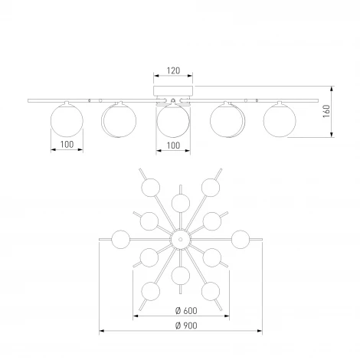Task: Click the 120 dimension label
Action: [x=173, y=70]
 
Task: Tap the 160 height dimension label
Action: [x=326, y=111]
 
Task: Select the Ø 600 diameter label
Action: [x=186, y=310]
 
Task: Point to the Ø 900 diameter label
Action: [x=186, y=326]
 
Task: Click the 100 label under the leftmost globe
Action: [x=67, y=145]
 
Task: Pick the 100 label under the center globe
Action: [x=173, y=146]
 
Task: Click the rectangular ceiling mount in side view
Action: [x=173, y=90]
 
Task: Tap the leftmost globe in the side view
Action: [x=67, y=120]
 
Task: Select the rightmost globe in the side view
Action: [x=280, y=120]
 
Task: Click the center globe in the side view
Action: [x=173, y=121]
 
